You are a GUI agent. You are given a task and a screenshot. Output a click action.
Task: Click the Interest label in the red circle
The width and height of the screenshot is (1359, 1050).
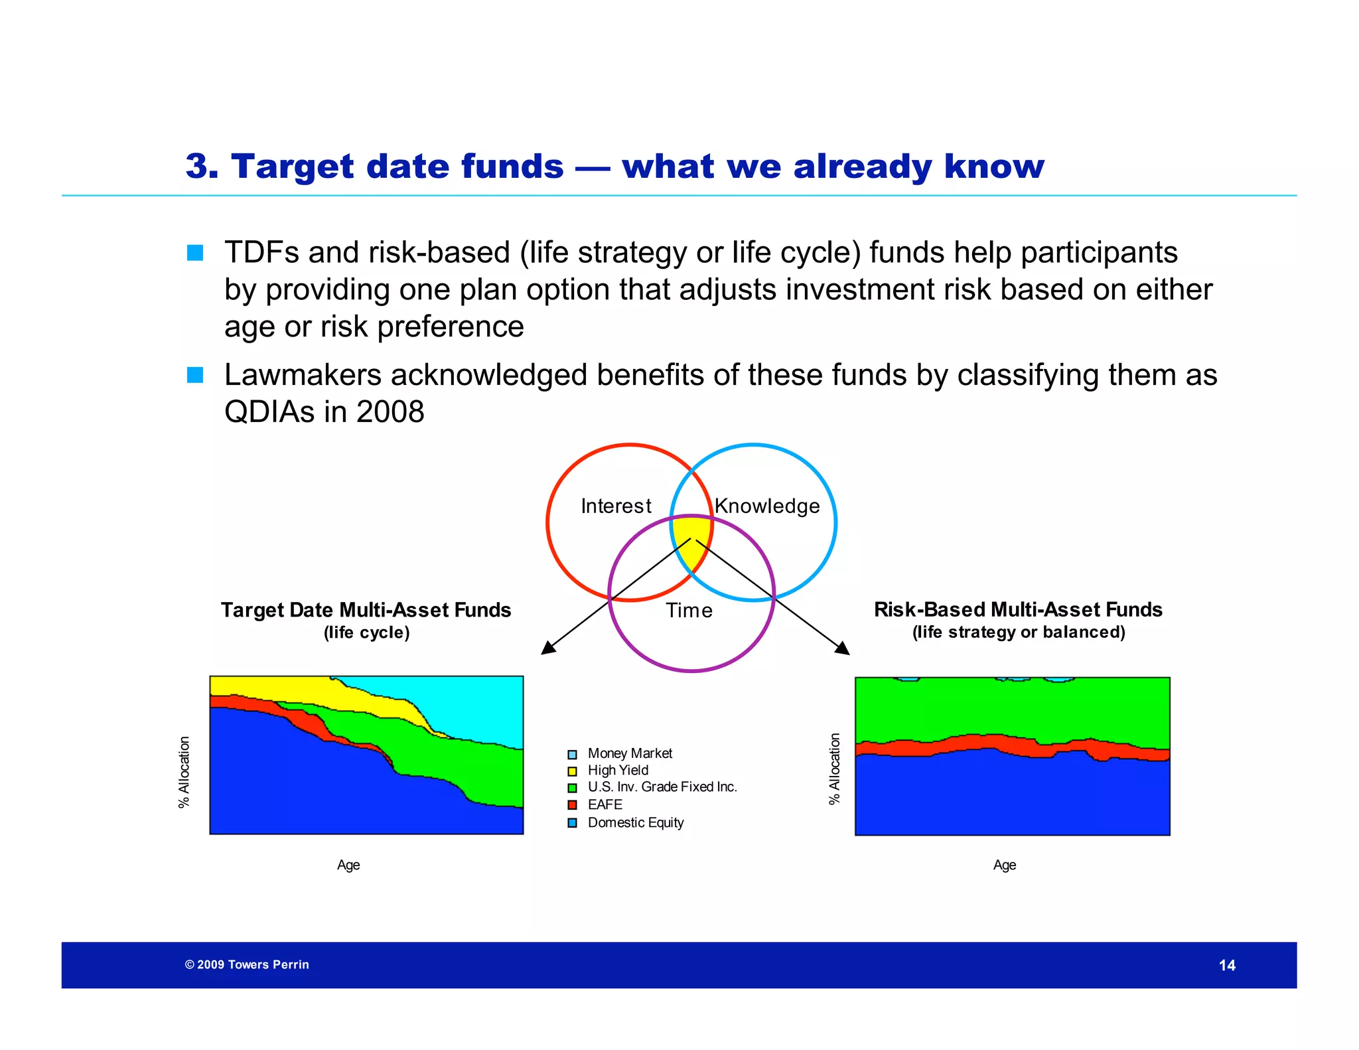click(616, 506)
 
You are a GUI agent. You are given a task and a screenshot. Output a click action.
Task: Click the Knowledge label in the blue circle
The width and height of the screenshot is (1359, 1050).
click(767, 506)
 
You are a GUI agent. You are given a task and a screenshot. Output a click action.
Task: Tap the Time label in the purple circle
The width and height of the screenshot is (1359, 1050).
click(689, 611)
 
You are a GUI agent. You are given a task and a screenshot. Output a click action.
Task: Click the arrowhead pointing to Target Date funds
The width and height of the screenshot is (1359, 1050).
click(548, 647)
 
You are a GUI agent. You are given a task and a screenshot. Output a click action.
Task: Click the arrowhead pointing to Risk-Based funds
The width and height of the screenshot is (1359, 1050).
click(842, 648)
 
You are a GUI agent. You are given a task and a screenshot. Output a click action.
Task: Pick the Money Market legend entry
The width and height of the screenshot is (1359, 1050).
click(629, 753)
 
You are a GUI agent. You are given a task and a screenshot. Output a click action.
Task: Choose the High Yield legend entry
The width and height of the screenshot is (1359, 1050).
click(618, 771)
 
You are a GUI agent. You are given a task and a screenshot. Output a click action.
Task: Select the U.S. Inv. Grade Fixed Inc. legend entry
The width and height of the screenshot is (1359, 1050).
click(662, 787)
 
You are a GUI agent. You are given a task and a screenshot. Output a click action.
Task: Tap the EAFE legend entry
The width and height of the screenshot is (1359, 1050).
click(605, 804)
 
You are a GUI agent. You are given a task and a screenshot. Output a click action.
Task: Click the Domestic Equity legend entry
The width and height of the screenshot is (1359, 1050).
click(635, 822)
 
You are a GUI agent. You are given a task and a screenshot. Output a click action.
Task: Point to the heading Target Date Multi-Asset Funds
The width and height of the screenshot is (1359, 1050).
click(366, 610)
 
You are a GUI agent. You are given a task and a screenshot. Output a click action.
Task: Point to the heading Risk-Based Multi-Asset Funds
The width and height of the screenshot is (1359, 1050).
click(1018, 609)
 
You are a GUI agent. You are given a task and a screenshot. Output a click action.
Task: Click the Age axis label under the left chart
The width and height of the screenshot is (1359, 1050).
click(348, 865)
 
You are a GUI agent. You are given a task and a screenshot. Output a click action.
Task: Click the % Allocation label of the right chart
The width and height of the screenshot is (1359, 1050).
click(835, 769)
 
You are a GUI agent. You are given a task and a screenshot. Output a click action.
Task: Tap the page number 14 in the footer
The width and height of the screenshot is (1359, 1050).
click(1227, 966)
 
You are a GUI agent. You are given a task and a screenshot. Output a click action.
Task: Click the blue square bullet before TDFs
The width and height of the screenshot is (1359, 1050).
click(195, 253)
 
